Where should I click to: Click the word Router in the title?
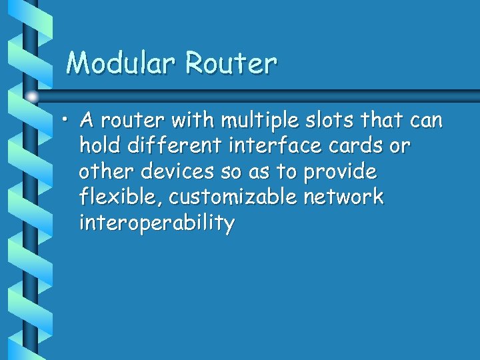click(x=231, y=63)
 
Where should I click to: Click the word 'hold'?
click(x=98, y=146)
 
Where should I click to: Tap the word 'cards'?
click(x=361, y=146)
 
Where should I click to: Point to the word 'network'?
click(x=350, y=197)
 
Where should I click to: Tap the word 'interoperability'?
click(x=157, y=223)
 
